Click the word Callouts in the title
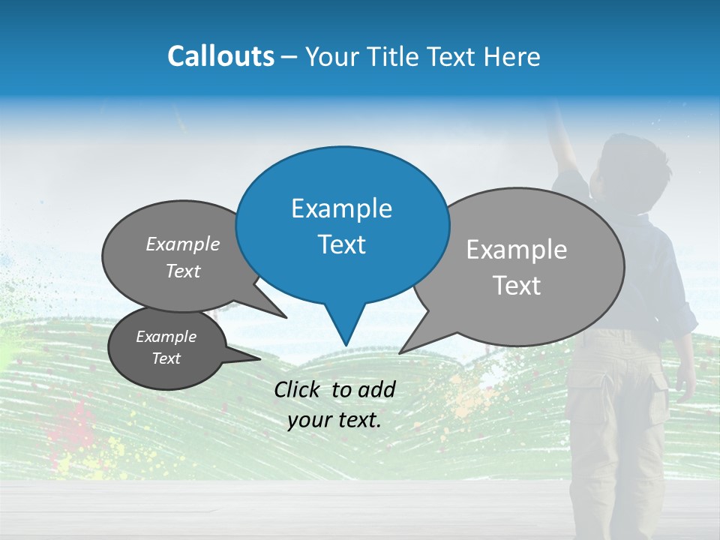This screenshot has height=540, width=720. (221, 56)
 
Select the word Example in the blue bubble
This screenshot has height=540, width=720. (341, 208)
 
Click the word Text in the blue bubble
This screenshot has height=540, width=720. (341, 244)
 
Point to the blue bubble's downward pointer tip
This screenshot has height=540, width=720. (346, 345)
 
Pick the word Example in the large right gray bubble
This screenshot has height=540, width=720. (517, 250)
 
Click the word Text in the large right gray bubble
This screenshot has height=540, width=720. (517, 286)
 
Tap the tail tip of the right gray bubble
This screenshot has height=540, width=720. (400, 352)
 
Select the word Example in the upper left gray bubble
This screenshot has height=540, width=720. (183, 244)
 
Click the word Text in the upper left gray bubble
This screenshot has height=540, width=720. (183, 271)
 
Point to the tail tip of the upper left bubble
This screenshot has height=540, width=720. (286, 317)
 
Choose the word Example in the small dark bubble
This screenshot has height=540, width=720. (166, 337)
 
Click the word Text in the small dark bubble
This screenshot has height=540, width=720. (166, 358)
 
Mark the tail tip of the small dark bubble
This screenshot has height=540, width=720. (259, 358)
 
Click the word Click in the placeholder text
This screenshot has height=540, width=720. (299, 389)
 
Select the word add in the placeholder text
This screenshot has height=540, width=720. (377, 389)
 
